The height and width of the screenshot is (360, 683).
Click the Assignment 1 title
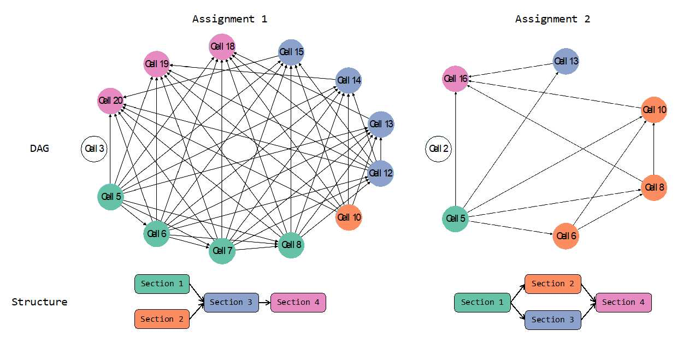(x=229, y=19)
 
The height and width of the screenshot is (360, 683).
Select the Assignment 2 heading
(x=552, y=19)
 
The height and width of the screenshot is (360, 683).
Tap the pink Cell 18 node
(x=222, y=47)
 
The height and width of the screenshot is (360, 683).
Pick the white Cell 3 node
(x=94, y=149)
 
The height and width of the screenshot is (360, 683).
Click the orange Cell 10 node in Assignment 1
(x=349, y=217)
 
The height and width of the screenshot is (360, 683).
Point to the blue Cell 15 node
(x=291, y=52)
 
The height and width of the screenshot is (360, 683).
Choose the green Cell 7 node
(x=222, y=251)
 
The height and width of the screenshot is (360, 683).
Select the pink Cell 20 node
(x=110, y=101)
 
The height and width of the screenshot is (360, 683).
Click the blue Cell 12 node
(x=380, y=173)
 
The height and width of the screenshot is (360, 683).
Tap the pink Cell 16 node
(x=455, y=79)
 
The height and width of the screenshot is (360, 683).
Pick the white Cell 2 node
(x=438, y=149)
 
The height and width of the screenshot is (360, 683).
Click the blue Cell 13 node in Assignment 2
(x=566, y=62)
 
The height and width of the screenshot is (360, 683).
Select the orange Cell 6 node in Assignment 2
(x=566, y=237)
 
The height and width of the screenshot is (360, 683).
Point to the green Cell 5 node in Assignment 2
(x=455, y=219)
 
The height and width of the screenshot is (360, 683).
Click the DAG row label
(x=39, y=149)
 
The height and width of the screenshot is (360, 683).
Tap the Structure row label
(x=39, y=302)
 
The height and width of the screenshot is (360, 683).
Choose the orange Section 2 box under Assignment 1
(x=162, y=319)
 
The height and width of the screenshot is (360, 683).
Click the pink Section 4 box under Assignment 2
(x=623, y=302)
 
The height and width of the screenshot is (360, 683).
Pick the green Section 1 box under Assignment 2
(x=482, y=302)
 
